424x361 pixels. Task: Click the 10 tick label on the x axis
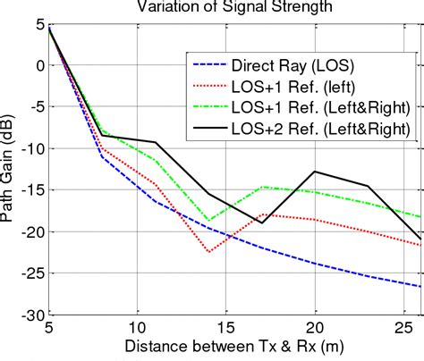click(137, 328)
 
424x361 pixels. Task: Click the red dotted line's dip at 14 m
click(208, 252)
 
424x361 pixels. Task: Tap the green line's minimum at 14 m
click(208, 220)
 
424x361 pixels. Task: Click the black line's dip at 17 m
click(261, 222)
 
